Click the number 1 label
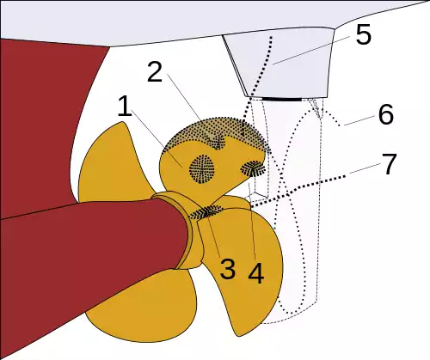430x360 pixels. (125, 107)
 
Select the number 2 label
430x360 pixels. (155, 72)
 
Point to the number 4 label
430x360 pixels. (256, 273)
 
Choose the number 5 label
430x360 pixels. (364, 34)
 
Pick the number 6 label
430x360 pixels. (386, 114)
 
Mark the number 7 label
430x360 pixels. (389, 163)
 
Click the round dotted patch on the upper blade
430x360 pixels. (202, 169)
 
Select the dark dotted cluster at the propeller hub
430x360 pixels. (206, 213)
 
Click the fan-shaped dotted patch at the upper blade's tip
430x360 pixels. (253, 169)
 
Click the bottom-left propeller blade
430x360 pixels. (140, 309)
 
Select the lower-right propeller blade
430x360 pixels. (243, 266)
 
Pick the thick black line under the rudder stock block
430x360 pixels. (281, 99)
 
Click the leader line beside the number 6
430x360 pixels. (359, 120)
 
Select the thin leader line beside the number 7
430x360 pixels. (365, 168)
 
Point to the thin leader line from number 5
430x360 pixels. (311, 51)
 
